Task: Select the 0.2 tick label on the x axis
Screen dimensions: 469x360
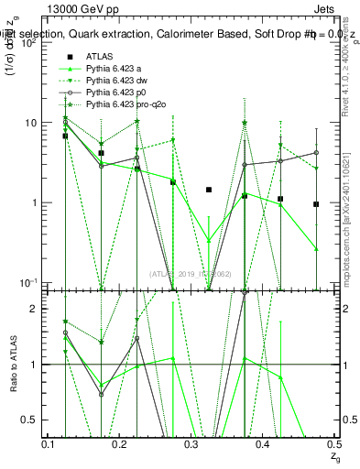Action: point(120,444)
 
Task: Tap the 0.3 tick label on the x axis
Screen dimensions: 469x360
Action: point(191,444)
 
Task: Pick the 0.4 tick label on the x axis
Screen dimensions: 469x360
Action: point(263,444)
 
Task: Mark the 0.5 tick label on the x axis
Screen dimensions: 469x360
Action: point(333,444)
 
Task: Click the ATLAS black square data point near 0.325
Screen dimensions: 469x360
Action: point(209,190)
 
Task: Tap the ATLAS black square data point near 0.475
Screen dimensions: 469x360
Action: point(316,204)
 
